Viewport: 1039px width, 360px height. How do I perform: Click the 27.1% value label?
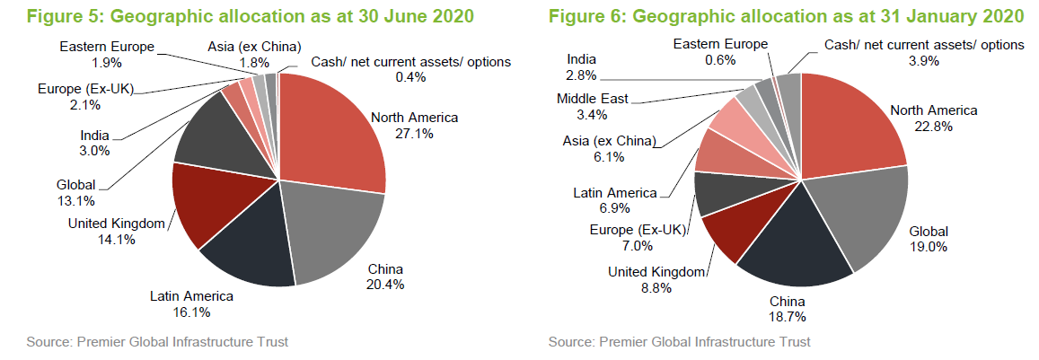414,133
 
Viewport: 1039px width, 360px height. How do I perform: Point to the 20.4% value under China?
386,285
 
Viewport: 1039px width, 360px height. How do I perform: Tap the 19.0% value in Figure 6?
929,247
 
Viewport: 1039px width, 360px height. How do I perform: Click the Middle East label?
593,99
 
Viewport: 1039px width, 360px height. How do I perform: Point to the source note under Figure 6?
679,342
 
